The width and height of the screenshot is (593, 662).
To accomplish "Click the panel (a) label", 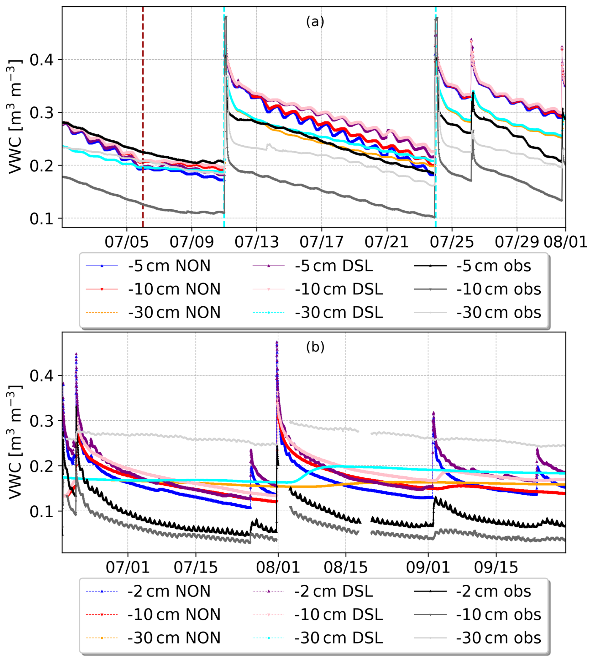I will pyautogui.click(x=315, y=22).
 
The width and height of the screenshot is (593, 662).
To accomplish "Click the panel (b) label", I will pyautogui.click(x=315, y=347).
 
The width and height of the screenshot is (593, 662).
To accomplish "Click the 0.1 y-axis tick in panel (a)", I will pyautogui.click(x=41, y=218).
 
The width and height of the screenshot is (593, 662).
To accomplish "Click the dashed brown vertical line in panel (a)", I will pyautogui.click(x=143, y=131).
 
